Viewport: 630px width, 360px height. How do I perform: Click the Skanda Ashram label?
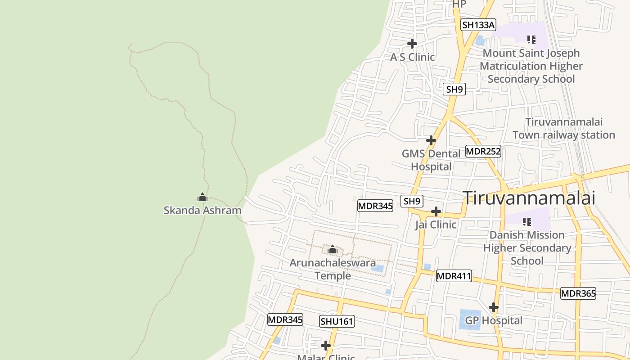[202, 210]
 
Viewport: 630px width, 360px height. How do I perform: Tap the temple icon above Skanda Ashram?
[202, 197]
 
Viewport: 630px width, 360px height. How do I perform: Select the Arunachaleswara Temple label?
[333, 269]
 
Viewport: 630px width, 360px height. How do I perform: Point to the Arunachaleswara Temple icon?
[333, 249]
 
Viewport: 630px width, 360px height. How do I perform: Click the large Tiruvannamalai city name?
[529, 198]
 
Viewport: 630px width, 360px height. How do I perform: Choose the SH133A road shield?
[478, 25]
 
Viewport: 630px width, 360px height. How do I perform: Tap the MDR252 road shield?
[483, 151]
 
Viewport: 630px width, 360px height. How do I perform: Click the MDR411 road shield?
[454, 276]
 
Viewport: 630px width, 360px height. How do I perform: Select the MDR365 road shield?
[578, 294]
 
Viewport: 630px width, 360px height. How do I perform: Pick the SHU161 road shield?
[337, 321]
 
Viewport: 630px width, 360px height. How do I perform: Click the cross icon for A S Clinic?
[412, 44]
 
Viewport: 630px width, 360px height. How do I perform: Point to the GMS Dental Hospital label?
[431, 160]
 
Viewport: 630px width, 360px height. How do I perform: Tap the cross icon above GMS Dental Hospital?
[431, 140]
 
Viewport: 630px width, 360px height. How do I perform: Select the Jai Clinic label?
[436, 224]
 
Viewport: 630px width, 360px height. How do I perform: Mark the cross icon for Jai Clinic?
[436, 211]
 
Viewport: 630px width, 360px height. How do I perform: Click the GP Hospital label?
[494, 320]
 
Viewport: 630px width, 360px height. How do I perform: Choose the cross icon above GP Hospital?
[494, 308]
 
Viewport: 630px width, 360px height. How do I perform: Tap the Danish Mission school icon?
[527, 221]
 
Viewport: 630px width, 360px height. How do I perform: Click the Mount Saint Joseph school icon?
[531, 40]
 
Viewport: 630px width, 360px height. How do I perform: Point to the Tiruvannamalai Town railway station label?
[563, 128]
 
